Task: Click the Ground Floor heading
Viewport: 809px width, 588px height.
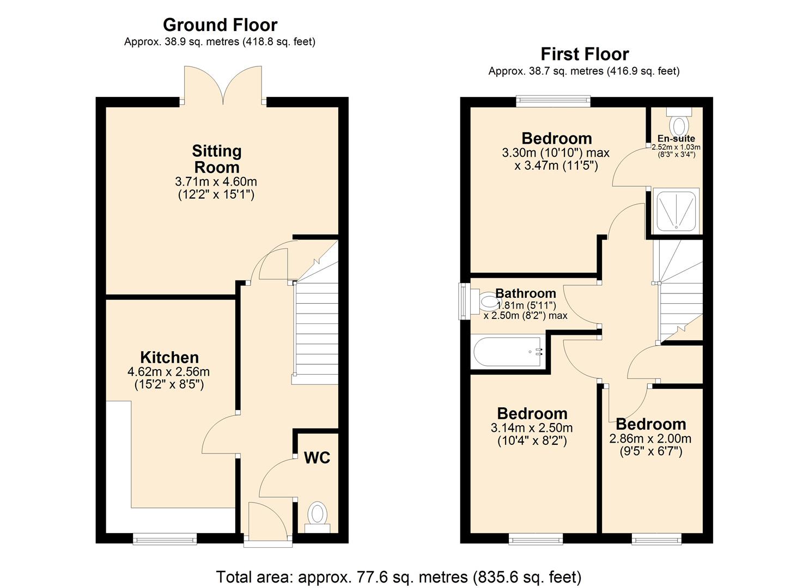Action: pyautogui.click(x=220, y=25)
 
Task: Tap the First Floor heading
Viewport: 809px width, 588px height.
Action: pyautogui.click(x=584, y=54)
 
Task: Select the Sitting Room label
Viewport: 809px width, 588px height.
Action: pyautogui.click(x=216, y=159)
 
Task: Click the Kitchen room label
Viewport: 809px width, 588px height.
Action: pyautogui.click(x=169, y=358)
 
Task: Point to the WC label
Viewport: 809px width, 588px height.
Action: pyautogui.click(x=317, y=458)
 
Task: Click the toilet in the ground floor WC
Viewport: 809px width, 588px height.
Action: pyautogui.click(x=317, y=516)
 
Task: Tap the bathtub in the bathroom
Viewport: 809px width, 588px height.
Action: pyautogui.click(x=509, y=352)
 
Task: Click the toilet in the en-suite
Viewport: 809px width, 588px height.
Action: pyautogui.click(x=678, y=121)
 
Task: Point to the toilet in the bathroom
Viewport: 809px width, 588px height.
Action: pyautogui.click(x=488, y=301)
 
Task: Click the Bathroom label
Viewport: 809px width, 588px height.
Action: pyautogui.click(x=525, y=294)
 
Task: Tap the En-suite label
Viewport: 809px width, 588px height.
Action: pyautogui.click(x=676, y=138)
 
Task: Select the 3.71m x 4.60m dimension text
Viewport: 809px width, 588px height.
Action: pyautogui.click(x=216, y=182)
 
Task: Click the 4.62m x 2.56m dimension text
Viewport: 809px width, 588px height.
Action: pyautogui.click(x=168, y=372)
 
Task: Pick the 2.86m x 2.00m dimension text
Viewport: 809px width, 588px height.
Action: pyautogui.click(x=650, y=439)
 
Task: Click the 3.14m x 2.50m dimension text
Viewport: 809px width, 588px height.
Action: pyautogui.click(x=531, y=428)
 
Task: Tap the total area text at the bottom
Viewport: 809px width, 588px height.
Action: pyautogui.click(x=398, y=577)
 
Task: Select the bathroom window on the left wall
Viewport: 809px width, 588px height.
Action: pyautogui.click(x=464, y=301)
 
